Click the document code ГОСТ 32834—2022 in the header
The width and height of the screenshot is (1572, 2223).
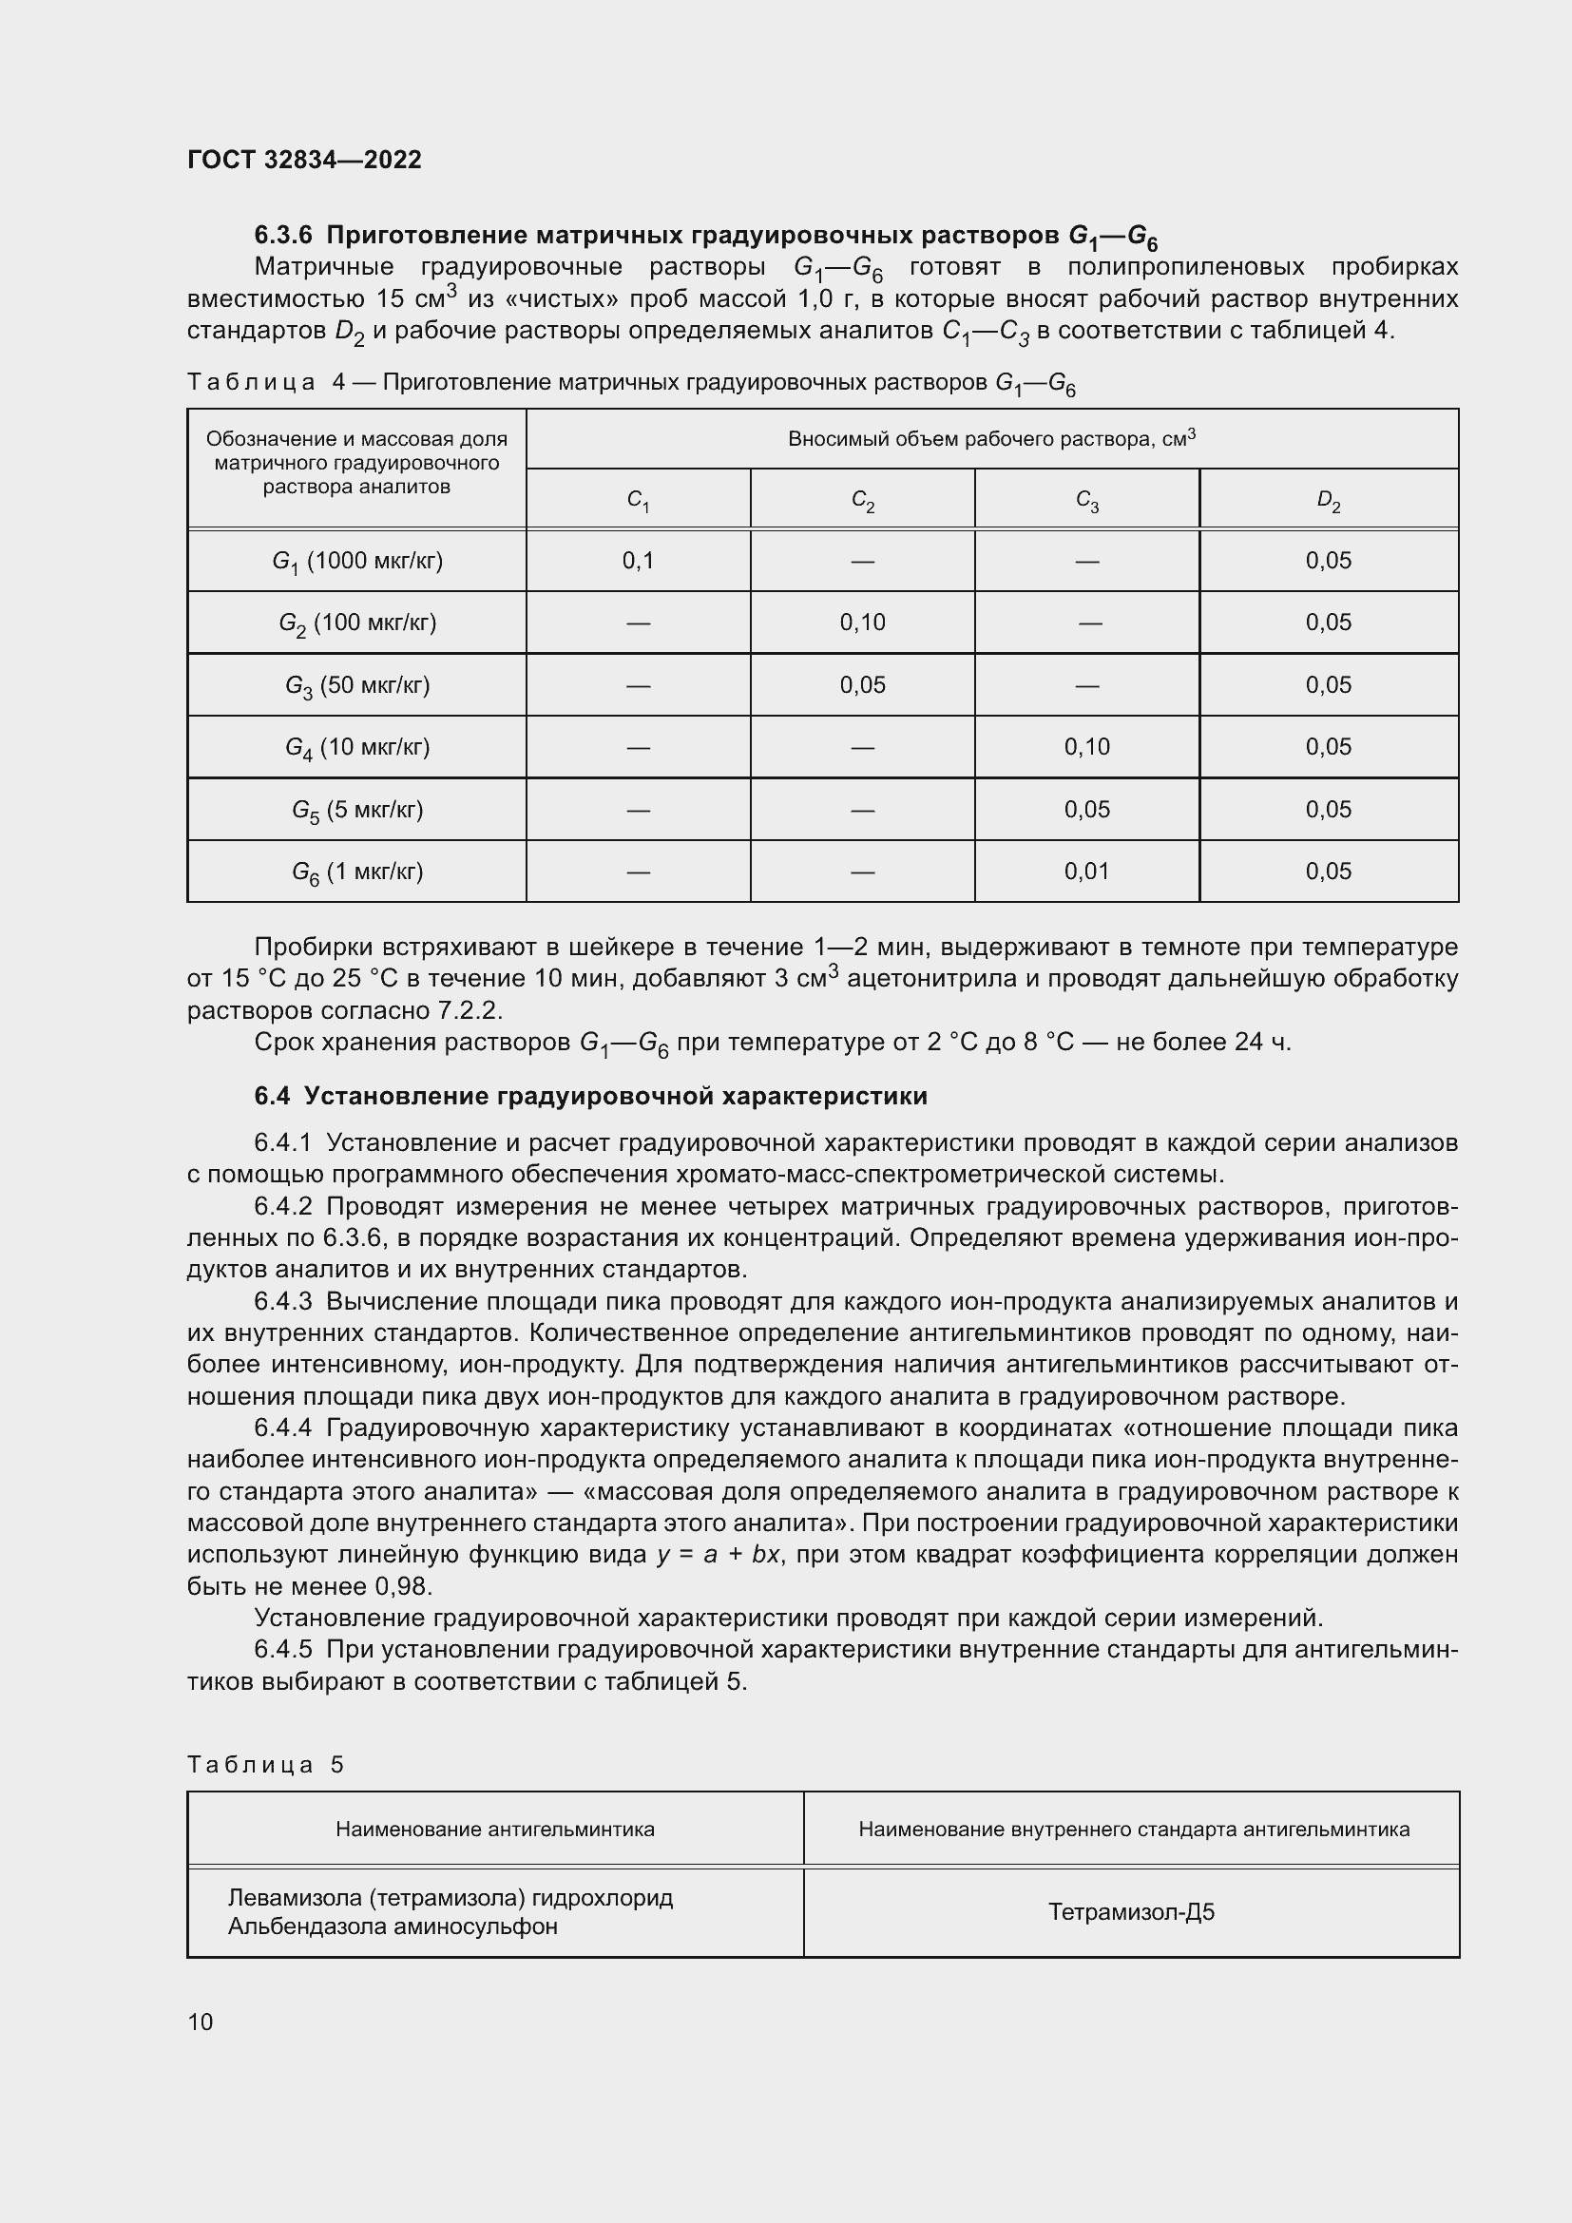(x=304, y=160)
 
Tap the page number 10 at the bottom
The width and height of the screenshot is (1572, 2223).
(x=201, y=2022)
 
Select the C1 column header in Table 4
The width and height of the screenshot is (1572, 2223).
(x=638, y=501)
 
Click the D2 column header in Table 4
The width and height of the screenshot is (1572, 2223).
(x=1328, y=501)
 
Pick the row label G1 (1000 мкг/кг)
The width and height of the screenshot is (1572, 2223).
(x=357, y=562)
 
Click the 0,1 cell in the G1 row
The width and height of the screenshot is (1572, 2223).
(x=638, y=561)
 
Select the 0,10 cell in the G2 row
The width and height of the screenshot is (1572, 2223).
(x=861, y=623)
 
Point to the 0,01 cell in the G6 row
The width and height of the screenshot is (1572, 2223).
(x=1086, y=872)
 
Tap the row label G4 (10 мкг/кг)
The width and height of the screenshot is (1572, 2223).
(x=357, y=747)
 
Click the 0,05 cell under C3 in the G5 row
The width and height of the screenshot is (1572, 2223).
(x=1086, y=810)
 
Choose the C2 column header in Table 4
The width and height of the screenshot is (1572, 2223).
(x=861, y=501)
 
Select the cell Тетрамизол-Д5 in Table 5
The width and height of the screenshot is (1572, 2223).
(x=1131, y=1912)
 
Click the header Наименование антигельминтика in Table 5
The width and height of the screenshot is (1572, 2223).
(x=494, y=1829)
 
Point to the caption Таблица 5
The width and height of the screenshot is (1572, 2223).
(x=265, y=1764)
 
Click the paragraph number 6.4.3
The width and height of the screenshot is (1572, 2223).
(x=282, y=1301)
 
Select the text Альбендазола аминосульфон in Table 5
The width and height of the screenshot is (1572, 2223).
(x=393, y=1926)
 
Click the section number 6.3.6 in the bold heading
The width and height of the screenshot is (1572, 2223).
(x=282, y=236)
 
